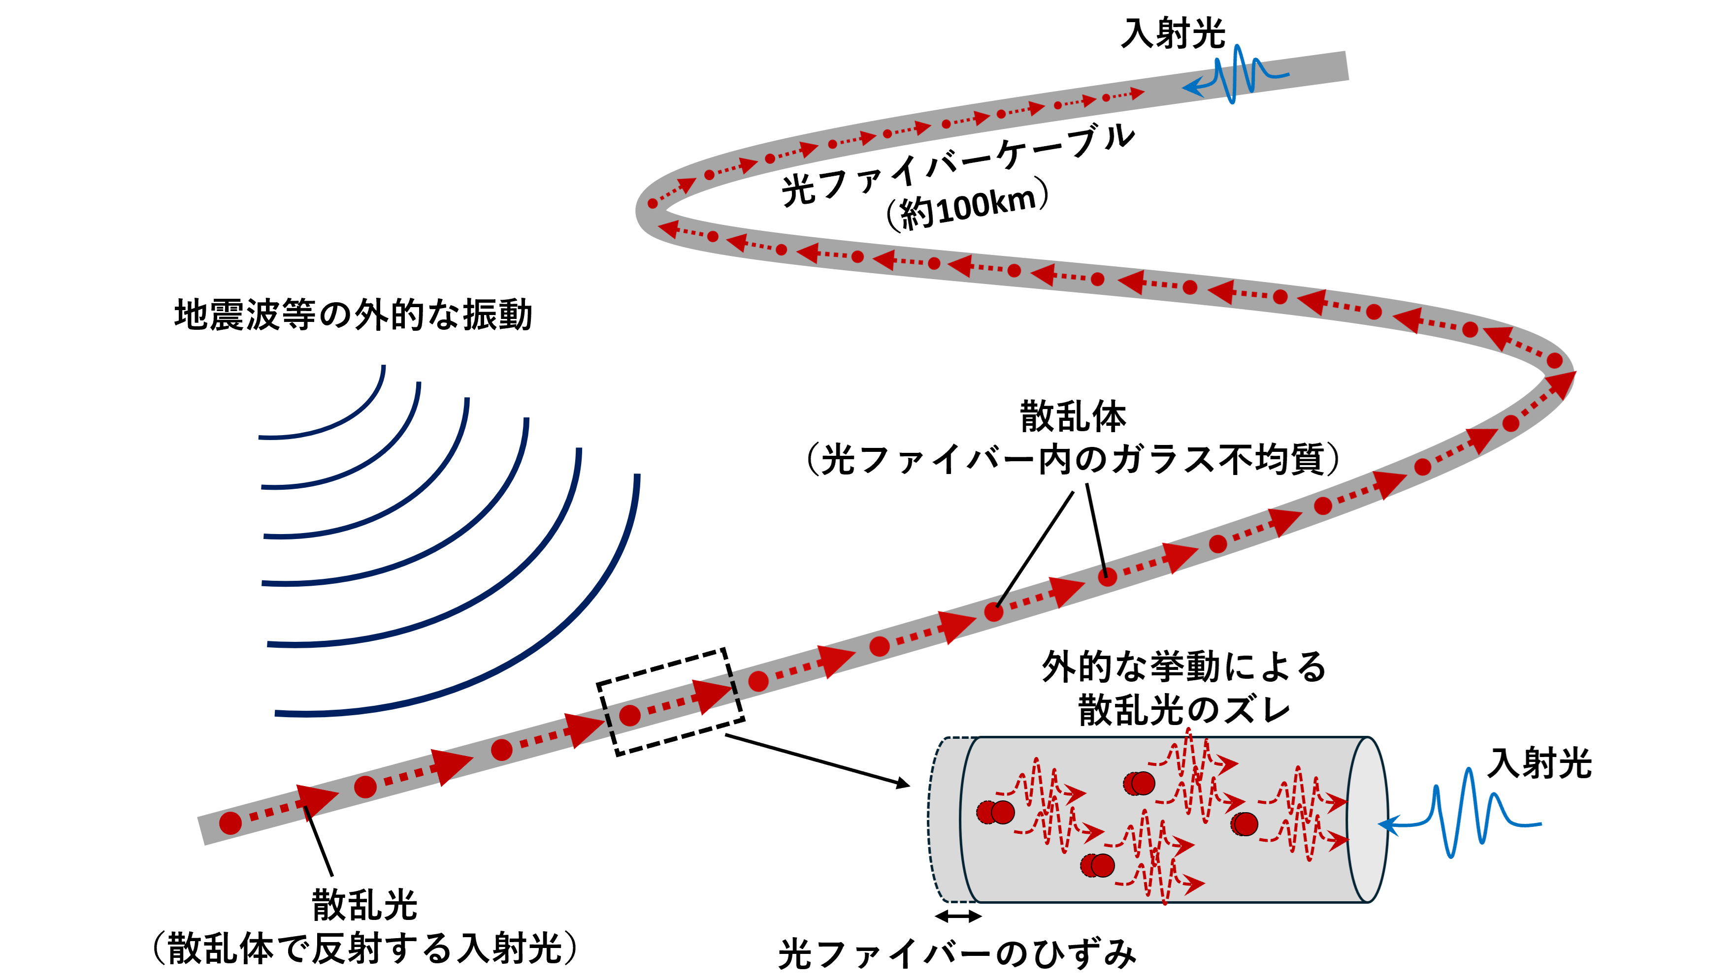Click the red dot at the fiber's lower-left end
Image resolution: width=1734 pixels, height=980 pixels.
[230, 822]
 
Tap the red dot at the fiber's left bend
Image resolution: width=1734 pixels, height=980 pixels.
[653, 203]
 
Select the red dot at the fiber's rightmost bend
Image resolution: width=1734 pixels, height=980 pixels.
[1554, 361]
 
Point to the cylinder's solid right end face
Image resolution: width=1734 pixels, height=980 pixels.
[1367, 819]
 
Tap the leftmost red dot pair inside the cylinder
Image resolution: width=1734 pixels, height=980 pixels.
[995, 813]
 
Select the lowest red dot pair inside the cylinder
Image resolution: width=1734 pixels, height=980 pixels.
[1098, 865]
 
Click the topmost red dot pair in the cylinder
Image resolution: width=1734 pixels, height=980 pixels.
[1140, 783]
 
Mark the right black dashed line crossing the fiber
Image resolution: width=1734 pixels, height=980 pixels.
[734, 687]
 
